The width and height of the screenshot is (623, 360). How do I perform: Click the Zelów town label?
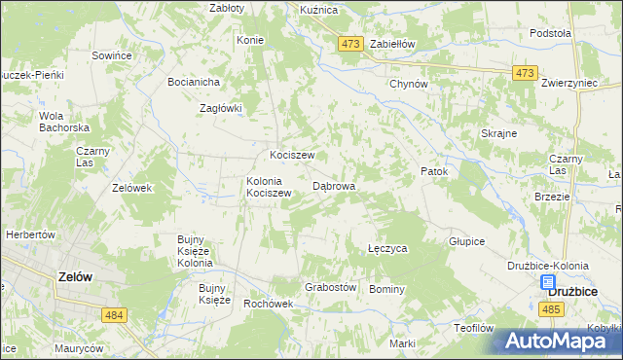coord(75,276)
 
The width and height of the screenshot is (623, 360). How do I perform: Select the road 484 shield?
coord(115,314)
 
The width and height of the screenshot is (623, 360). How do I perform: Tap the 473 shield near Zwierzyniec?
coord(526,74)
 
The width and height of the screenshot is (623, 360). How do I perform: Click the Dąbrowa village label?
coord(334,185)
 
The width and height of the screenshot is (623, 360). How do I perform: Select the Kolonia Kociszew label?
coord(270,187)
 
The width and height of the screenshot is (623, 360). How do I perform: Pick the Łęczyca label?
coord(387,249)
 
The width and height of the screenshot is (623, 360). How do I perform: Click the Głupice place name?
coord(466,241)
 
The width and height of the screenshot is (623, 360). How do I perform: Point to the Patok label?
coord(433,171)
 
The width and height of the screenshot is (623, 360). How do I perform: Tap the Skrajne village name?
coord(498,133)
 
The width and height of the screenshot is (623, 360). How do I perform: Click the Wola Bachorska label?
coord(64,122)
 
